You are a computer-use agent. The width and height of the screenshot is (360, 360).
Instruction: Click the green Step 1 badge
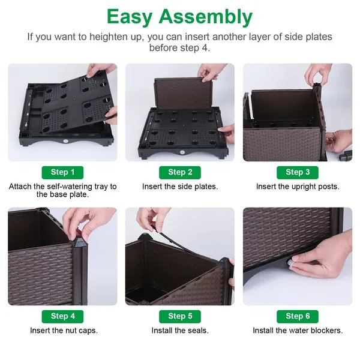point(62,172)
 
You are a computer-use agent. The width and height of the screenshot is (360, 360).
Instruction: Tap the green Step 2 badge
point(180,172)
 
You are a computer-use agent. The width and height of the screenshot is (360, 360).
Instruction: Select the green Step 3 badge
point(298,172)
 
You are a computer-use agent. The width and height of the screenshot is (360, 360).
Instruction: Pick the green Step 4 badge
point(62,316)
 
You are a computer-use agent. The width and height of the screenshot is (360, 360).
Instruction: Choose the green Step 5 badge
point(180,316)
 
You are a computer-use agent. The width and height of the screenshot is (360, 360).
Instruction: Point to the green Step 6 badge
point(298,316)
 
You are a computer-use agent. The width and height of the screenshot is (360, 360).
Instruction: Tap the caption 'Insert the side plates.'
point(180,187)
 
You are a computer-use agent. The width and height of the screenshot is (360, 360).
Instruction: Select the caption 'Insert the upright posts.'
point(298,187)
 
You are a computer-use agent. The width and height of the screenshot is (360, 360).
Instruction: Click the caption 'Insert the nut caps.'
point(64,331)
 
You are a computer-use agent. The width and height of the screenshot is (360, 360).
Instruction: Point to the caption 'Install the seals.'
point(180,331)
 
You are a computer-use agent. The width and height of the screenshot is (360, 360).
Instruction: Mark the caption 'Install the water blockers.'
point(298,331)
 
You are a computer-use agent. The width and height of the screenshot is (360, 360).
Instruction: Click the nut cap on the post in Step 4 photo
point(79,242)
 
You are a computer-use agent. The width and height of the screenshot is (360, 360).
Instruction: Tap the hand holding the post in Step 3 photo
point(317,74)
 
